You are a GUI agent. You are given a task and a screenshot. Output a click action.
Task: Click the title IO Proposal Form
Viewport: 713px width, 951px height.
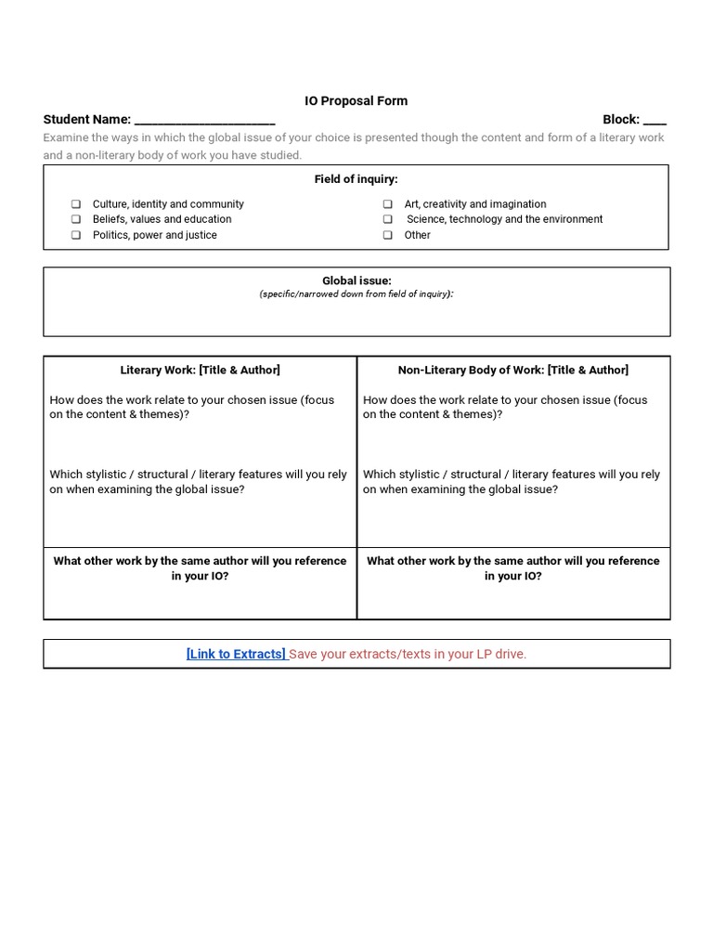click(356, 101)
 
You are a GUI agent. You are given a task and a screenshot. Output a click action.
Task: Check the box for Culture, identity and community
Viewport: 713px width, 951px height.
click(76, 204)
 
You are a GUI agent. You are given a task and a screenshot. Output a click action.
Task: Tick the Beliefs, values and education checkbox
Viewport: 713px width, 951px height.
click(76, 220)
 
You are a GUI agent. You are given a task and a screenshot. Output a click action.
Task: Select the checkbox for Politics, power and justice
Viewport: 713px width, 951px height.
click(76, 236)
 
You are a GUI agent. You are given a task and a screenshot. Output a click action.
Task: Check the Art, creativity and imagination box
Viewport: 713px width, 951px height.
click(387, 204)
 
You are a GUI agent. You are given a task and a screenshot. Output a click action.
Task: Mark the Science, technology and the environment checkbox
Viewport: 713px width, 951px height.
click(387, 220)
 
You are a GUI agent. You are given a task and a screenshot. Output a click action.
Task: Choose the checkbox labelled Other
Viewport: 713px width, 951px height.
click(387, 236)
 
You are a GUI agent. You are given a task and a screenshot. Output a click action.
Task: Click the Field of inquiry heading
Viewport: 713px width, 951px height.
click(356, 179)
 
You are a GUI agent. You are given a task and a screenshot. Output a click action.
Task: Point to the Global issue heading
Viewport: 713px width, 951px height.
click(356, 280)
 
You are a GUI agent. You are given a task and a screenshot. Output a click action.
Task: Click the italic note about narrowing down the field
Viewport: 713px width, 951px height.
click(356, 294)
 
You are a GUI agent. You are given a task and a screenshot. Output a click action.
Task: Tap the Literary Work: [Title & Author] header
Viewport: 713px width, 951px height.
click(200, 371)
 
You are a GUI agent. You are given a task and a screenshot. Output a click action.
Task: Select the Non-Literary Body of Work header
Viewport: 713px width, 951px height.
click(513, 371)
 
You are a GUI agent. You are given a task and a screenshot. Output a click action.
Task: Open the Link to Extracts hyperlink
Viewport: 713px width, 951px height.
click(236, 655)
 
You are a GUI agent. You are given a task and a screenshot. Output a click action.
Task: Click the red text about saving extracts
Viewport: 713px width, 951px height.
click(408, 655)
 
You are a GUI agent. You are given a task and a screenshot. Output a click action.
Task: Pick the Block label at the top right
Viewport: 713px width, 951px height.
click(620, 120)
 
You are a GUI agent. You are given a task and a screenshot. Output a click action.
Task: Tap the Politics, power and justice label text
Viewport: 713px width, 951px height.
click(154, 236)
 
